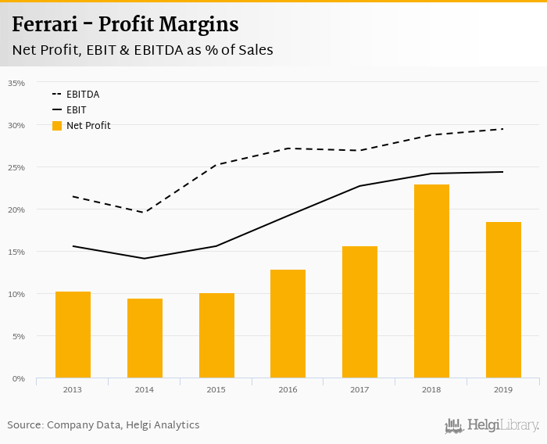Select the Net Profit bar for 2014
145,338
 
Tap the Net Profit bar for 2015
216,335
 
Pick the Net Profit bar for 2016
288,324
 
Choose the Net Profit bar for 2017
359,312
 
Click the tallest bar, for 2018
431,281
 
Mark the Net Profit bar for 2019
503,300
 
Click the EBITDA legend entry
82,95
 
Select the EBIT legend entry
76,110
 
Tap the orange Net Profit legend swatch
56,126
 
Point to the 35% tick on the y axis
16,83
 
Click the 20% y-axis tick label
16,209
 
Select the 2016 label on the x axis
288,388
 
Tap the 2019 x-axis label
503,388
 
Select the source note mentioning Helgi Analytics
103,425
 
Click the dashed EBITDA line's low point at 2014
145,213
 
